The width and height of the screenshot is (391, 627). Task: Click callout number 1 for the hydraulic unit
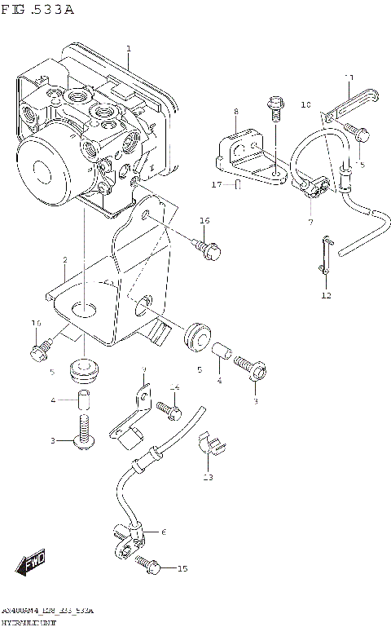pos(129,50)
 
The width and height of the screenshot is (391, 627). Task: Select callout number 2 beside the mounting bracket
pos(64,260)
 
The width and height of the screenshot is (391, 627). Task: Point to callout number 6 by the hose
pos(163,532)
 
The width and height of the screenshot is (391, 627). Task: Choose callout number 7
pos(310,221)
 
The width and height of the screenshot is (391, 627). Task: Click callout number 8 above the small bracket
pos(235,111)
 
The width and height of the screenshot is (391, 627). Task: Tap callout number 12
pos(326,294)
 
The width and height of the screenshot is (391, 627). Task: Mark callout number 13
pos(207,477)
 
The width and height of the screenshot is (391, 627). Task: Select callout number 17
pos(217,185)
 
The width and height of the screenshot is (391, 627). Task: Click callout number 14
pos(174,387)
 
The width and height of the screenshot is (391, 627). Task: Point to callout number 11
pos(348,77)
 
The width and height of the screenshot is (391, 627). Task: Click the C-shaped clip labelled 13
pos(214,444)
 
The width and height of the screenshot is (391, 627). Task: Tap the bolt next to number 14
pos(168,404)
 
